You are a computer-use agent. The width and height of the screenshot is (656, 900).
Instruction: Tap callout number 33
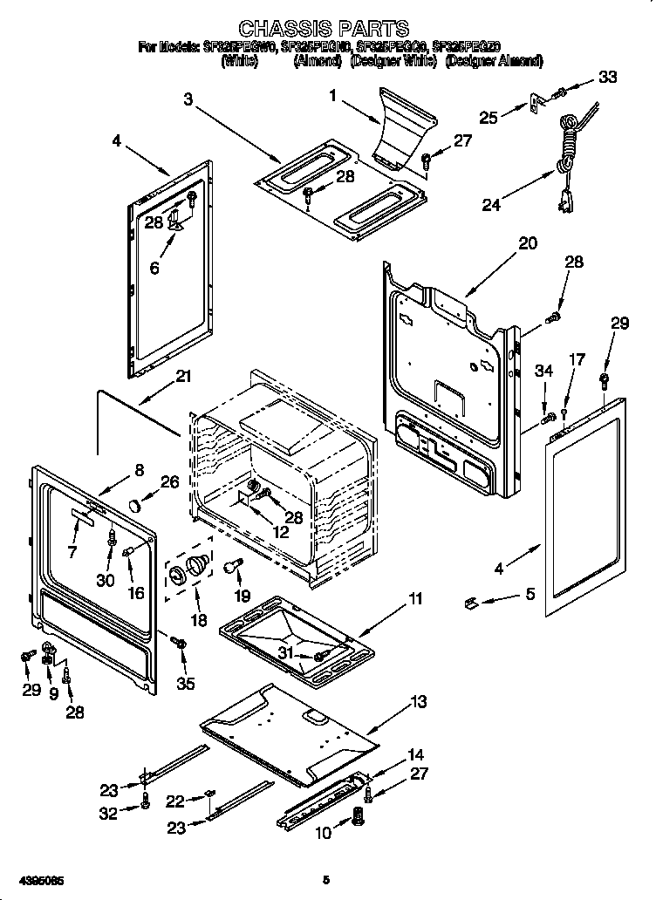pos(607,78)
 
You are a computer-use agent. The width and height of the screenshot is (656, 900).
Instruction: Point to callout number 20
pos(528,243)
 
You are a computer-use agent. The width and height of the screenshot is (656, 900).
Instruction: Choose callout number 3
pos(188,99)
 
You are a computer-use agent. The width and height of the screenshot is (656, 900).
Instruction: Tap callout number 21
pos(182,377)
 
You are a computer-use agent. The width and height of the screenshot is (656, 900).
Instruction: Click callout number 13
pos(419,701)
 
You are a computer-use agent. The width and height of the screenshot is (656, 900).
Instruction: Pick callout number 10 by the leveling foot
pos(323,834)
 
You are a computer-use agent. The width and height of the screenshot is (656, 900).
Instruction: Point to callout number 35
pos(185,683)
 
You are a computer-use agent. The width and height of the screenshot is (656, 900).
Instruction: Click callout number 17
pos(577,359)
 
